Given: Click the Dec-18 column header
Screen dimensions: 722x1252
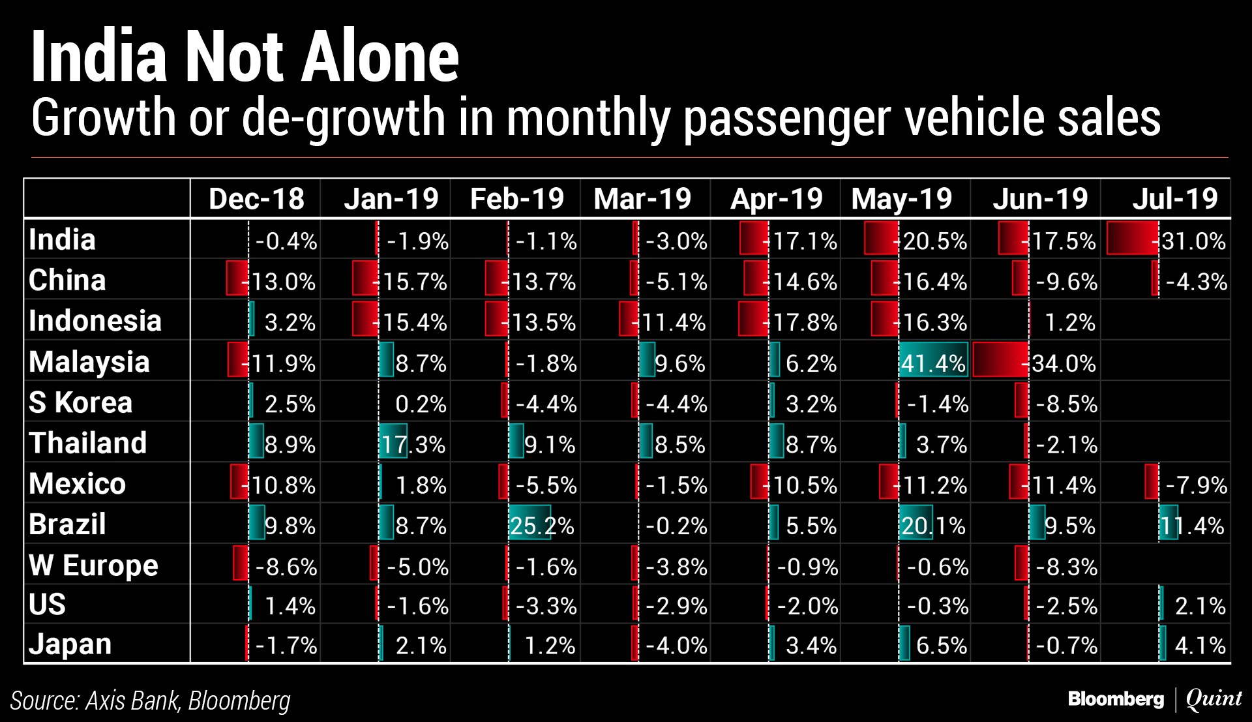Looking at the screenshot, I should (x=256, y=198).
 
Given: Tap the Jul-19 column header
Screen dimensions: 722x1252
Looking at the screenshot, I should (x=1175, y=198).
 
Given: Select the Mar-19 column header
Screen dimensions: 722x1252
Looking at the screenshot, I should (x=642, y=198).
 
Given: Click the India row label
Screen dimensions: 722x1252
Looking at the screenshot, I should (x=63, y=239).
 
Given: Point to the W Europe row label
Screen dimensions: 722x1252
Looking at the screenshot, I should (x=93, y=565).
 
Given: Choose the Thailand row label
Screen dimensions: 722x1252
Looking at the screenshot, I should (x=88, y=443).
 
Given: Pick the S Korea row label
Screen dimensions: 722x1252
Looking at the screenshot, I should (x=80, y=402).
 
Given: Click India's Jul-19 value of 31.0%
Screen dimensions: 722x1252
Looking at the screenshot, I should (x=1193, y=241).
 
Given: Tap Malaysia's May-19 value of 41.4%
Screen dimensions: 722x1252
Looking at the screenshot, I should (x=933, y=363).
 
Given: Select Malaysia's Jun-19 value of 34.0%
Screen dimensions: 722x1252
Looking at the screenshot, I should (x=1064, y=363).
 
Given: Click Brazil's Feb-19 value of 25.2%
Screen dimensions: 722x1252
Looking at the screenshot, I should (x=542, y=525).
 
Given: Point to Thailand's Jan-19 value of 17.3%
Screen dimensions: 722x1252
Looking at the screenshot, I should (x=413, y=444).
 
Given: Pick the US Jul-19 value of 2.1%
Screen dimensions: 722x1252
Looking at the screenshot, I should (x=1200, y=606).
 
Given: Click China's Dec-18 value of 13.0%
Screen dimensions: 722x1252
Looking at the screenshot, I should (x=283, y=281).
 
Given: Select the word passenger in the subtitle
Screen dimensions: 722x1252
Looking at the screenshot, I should (x=789, y=118).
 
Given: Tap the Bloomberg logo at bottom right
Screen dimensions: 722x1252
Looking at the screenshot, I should (x=1116, y=699).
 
